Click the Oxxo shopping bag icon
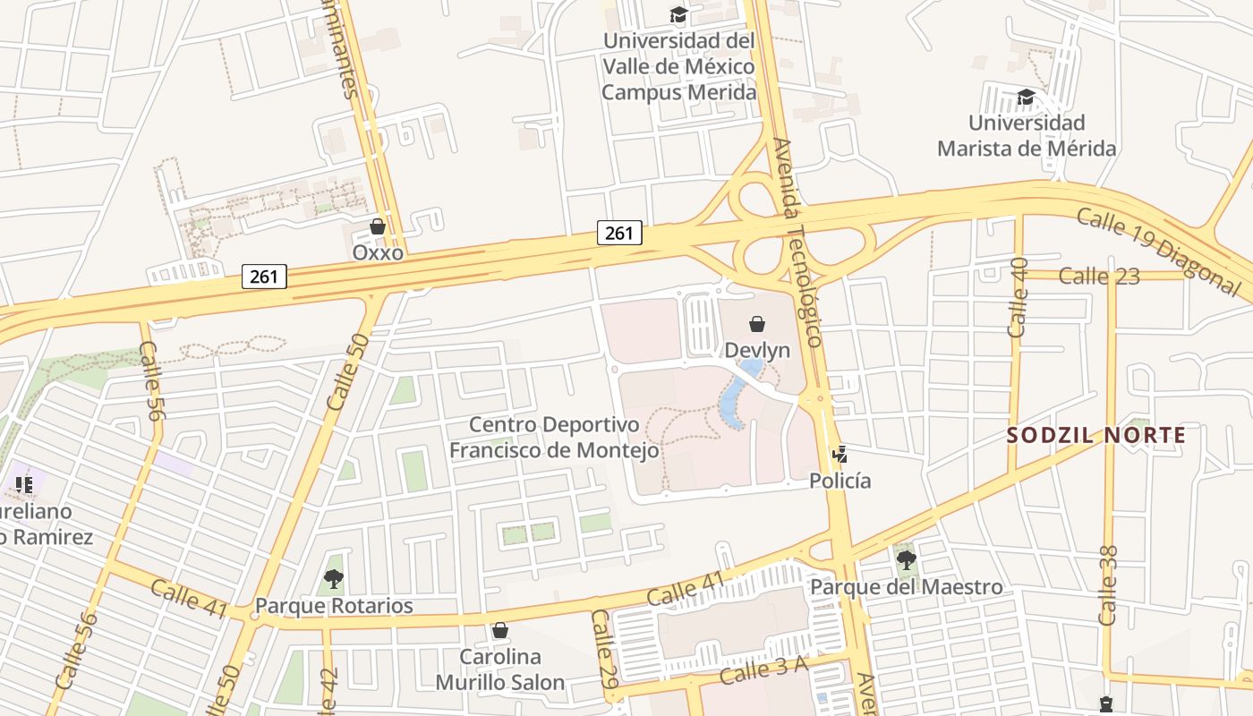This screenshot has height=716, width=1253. pos(378,226)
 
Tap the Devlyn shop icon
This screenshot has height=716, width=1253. pos(757,324)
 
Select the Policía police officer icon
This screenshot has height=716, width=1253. pos(839,455)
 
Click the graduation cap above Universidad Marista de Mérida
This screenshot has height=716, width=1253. pos(1026,96)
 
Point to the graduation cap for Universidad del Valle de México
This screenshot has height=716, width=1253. pos(678,15)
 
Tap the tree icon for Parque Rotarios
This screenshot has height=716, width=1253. pos(334,579)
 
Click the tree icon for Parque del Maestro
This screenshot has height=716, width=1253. pos(906,560)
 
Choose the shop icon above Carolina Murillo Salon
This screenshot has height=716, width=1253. pos(499,630)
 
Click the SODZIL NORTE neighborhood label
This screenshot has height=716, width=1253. pos(1095,436)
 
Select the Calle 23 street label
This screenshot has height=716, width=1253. pos(1099,277)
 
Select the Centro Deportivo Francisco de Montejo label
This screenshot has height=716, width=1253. pos(554,437)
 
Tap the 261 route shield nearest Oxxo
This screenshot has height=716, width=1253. pos(264,277)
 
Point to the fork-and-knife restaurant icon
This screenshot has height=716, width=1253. pos(24,485)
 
